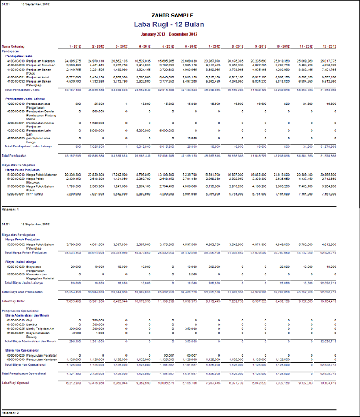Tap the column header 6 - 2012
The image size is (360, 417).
coord(191,46)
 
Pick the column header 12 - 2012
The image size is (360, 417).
coord(344,46)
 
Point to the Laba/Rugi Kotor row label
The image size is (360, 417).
coord(15,301)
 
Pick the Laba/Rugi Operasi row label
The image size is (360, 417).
coord(16,382)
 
